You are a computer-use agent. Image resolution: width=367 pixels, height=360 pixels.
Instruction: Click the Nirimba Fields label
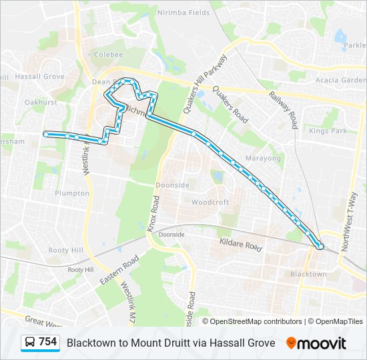click(183, 13)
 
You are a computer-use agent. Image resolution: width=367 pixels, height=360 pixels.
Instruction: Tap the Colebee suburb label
click(108, 55)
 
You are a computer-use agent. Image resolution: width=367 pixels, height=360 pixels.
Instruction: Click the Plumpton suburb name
click(73, 193)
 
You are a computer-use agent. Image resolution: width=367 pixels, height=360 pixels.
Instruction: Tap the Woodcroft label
click(210, 202)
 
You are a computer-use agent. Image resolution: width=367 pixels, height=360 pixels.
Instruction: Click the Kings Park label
click(328, 131)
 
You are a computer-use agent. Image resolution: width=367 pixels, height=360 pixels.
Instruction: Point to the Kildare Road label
click(241, 245)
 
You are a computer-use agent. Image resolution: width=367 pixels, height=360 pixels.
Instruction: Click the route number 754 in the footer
click(47, 342)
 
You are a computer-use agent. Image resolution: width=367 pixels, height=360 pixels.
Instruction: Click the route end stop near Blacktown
click(321, 247)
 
